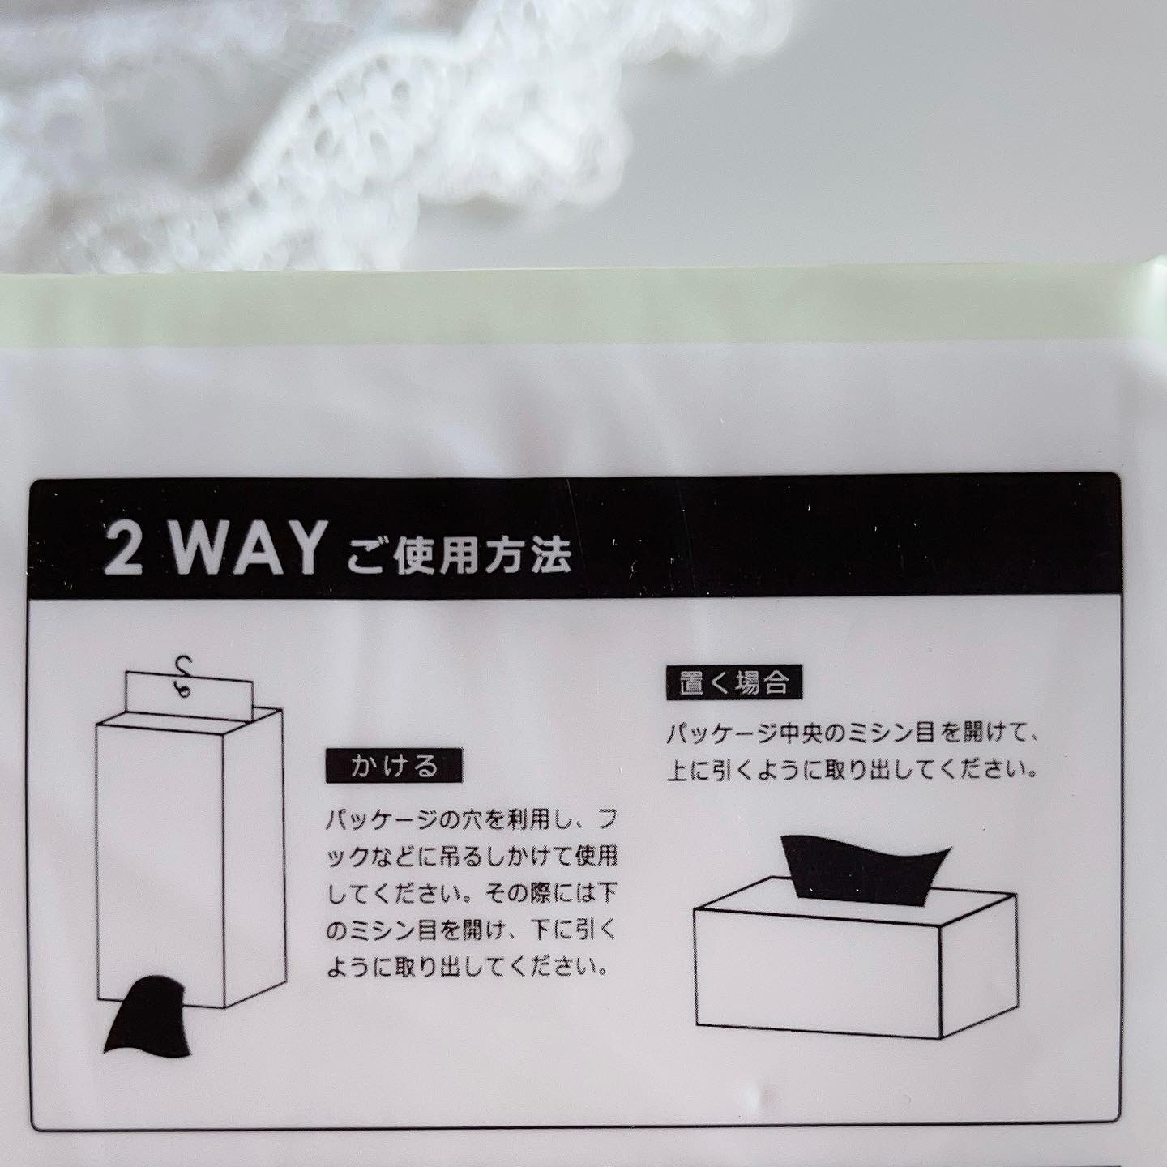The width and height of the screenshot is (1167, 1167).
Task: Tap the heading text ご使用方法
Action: tap(460, 554)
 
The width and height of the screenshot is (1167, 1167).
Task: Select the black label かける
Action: tap(394, 766)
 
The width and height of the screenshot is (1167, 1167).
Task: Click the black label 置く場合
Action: tap(734, 684)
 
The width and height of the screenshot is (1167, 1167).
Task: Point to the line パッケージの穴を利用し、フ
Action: tap(471, 821)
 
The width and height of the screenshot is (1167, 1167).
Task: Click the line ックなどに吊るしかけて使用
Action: tap(471, 857)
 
